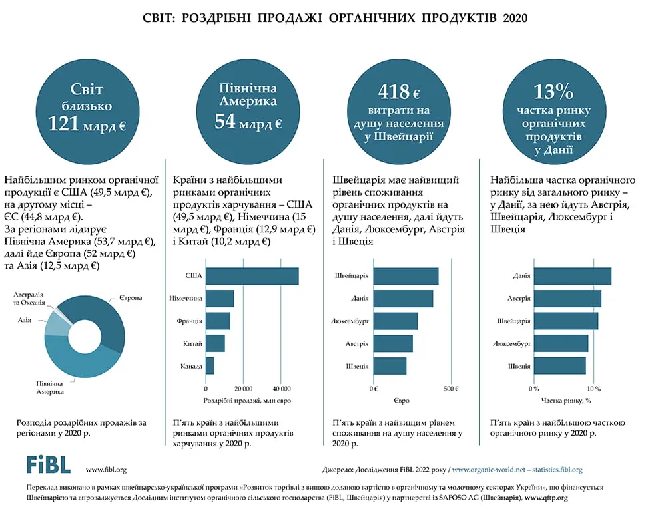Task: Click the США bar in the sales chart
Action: click(252, 276)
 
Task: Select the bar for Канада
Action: click(210, 366)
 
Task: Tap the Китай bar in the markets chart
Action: click(215, 343)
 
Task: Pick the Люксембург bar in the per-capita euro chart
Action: click(396, 321)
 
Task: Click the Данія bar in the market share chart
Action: click(573, 276)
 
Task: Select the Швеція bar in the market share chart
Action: click(560, 366)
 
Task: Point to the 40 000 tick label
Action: click(282, 389)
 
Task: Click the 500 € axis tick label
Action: click(451, 389)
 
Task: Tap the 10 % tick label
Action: click(594, 389)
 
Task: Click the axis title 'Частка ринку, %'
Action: click(566, 400)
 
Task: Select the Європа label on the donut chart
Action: click(131, 298)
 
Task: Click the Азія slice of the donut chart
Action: click(55, 324)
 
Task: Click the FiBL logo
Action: click(49, 465)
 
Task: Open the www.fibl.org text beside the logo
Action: click(106, 470)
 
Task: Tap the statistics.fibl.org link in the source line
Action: click(557, 470)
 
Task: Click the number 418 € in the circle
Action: click(399, 92)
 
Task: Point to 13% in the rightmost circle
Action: click(553, 92)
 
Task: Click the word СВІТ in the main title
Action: click(157, 18)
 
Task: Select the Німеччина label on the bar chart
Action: click(186, 298)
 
